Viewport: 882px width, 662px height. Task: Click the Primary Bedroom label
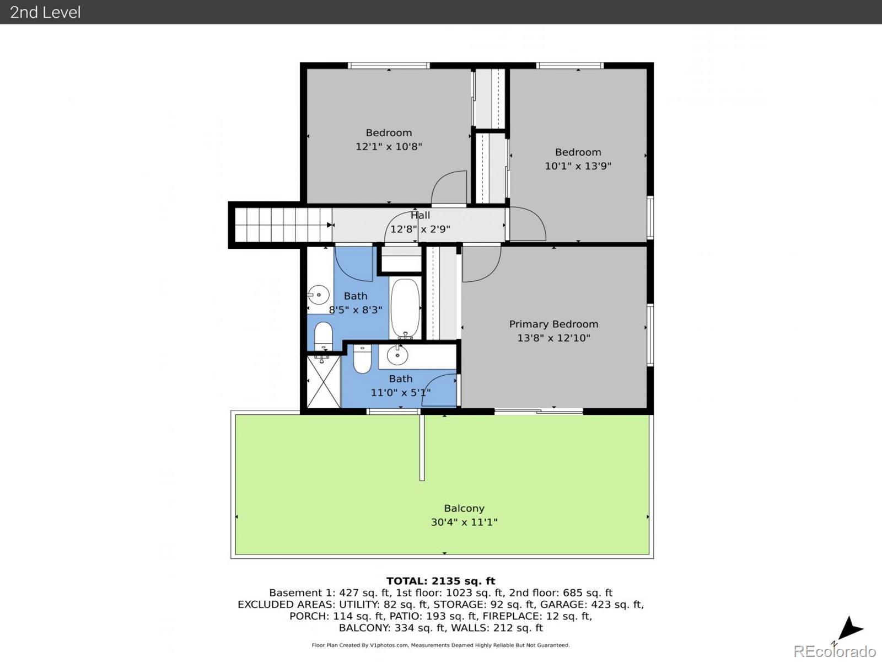(553, 324)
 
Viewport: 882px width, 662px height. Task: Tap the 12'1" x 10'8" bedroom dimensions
(389, 147)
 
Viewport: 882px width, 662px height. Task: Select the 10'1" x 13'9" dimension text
(578, 166)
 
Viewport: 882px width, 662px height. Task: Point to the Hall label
(420, 216)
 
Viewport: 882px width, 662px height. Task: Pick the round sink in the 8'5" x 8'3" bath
(319, 295)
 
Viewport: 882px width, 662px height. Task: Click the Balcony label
(464, 509)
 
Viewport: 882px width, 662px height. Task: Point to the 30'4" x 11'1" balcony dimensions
(464, 522)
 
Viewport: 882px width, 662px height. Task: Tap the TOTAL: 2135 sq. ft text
(440, 581)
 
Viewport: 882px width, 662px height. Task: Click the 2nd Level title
(45, 12)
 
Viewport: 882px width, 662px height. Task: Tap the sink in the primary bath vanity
(397, 355)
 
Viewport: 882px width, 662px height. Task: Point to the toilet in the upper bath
(324, 335)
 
